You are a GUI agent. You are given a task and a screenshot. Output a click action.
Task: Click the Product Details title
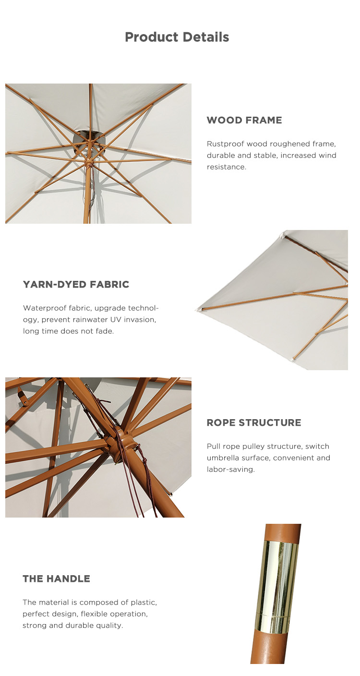(x=177, y=37)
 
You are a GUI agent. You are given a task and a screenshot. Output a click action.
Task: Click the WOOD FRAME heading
(x=244, y=120)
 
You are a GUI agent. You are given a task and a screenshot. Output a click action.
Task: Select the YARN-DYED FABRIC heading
(x=76, y=284)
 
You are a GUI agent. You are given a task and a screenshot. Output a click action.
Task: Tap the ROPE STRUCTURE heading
(x=254, y=422)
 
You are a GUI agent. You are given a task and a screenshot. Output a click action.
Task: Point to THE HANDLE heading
(x=56, y=579)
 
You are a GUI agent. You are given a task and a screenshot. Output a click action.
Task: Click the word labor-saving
(x=230, y=469)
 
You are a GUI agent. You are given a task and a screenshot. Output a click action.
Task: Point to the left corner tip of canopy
(x=197, y=310)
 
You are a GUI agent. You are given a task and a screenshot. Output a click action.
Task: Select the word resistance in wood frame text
(x=226, y=167)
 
